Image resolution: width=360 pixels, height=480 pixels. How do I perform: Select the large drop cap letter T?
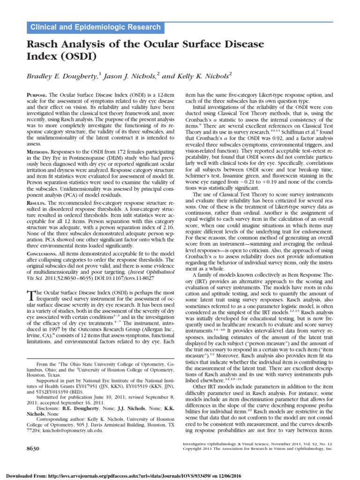pos(31,295)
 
